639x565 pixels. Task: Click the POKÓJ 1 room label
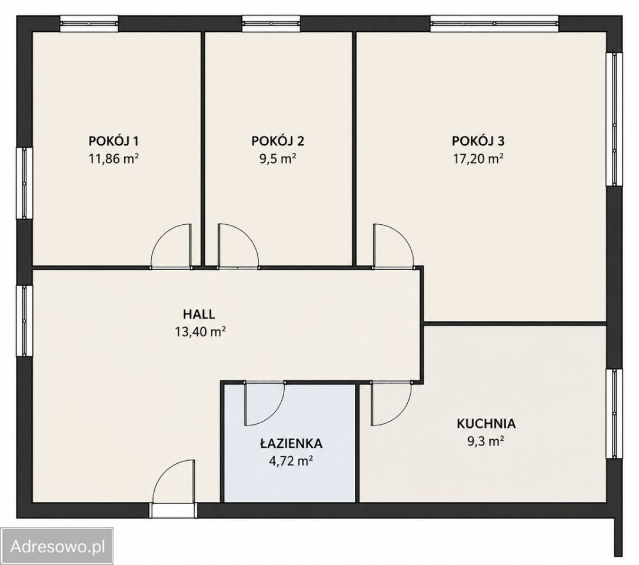click(114, 141)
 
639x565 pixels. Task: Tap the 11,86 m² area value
click(114, 158)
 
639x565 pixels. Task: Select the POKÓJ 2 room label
click(278, 141)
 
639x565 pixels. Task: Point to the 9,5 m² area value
click(278, 158)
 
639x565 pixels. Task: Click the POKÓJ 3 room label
click(478, 141)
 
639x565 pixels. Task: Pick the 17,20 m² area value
click(478, 158)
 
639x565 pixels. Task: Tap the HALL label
click(199, 314)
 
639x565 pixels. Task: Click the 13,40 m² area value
click(201, 332)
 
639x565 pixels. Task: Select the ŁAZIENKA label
click(291, 444)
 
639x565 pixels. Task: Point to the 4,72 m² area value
click(291, 461)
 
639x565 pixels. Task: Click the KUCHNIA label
click(486, 424)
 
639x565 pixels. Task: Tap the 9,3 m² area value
click(486, 441)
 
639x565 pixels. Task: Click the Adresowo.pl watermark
click(58, 546)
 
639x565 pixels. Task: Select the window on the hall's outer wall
click(25, 320)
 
